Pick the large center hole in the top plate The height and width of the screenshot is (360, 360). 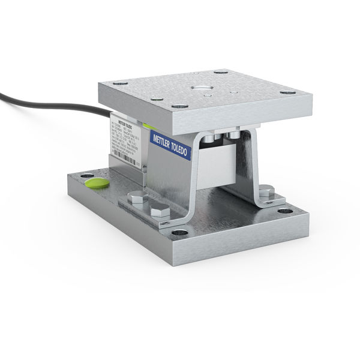[x=208, y=89]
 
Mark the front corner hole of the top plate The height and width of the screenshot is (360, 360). [x=176, y=107]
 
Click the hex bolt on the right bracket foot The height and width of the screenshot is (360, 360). [x=266, y=191]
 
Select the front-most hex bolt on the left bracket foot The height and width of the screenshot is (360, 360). [x=160, y=211]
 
